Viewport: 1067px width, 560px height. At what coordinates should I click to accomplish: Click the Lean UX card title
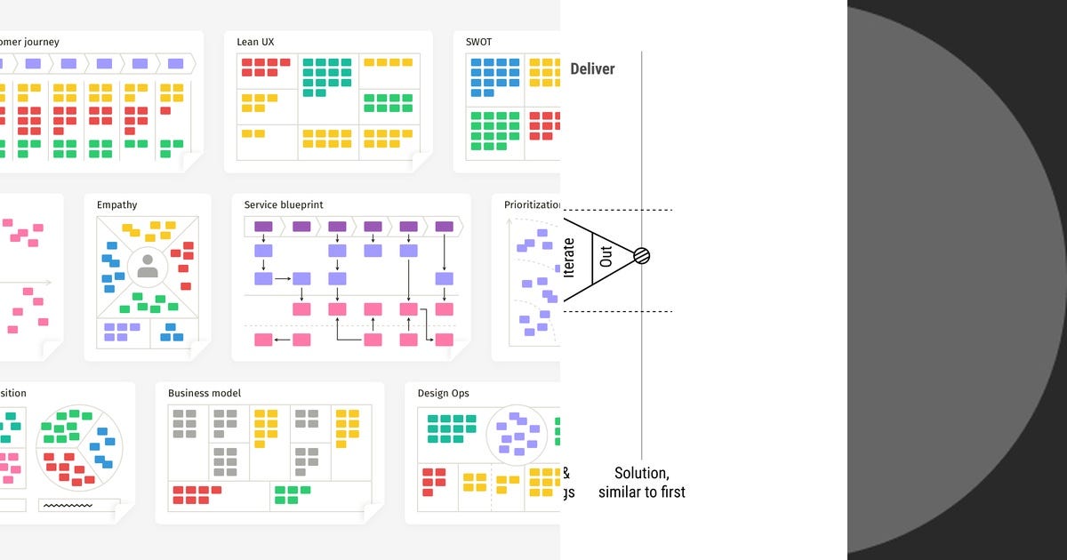coord(256,42)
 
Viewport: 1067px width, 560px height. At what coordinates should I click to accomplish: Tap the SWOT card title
coord(478,42)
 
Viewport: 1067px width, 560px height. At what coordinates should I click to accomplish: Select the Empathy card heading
coord(116,205)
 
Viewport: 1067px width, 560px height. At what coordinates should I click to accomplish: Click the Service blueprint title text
coord(284,205)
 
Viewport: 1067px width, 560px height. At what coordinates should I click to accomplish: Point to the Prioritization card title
coord(532,205)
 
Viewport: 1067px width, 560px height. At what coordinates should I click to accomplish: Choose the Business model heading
coord(205,394)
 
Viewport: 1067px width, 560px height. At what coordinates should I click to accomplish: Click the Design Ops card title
coord(443,394)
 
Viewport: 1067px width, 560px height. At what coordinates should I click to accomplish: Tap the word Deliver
coord(592,69)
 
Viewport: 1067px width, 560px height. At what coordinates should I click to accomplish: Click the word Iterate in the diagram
coord(570,256)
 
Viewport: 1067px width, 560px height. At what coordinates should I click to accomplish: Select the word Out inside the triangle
coord(606,256)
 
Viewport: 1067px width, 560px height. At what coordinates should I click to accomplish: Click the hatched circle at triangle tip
coord(641,256)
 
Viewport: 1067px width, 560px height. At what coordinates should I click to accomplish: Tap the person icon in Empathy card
coord(148,266)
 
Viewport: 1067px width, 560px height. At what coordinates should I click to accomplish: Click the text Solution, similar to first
coord(642,483)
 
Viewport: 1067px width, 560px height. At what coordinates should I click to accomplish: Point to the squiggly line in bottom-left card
coord(68,505)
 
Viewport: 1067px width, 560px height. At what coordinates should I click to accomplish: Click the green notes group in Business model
coord(292,494)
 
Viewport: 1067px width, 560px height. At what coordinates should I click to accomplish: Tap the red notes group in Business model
coord(197,494)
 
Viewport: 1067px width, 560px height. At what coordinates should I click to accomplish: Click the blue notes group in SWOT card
coord(493,76)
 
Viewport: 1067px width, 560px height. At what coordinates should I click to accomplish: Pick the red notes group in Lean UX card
coord(266,68)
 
